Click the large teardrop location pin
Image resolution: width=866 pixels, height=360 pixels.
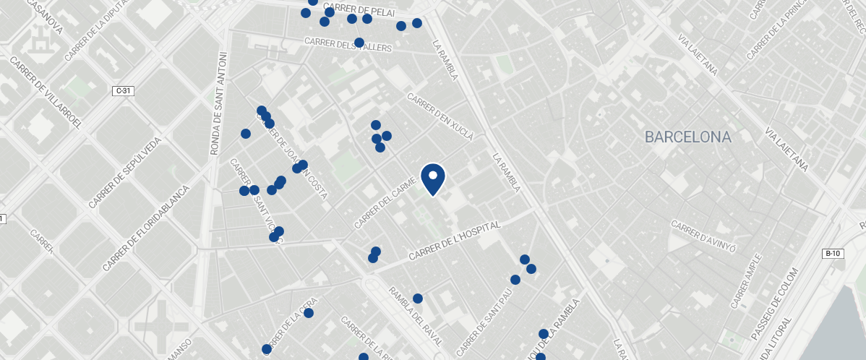tap(432, 179)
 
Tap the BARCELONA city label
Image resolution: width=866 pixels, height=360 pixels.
tap(687, 137)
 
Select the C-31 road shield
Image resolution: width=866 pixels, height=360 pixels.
tap(124, 91)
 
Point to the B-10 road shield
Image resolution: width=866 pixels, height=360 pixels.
tap(833, 254)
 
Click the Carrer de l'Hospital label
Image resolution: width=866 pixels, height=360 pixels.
tap(455, 242)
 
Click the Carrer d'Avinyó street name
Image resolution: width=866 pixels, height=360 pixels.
tap(703, 236)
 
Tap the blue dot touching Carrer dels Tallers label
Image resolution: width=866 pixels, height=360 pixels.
tap(359, 43)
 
